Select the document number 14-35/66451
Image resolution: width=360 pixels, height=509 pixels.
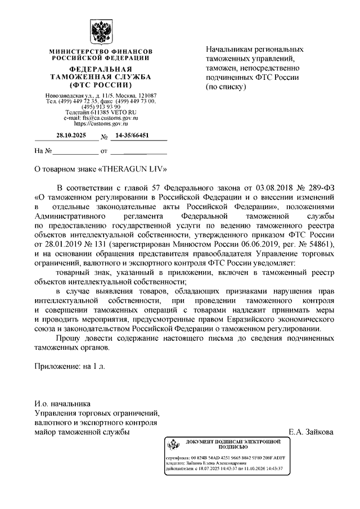point(132,136)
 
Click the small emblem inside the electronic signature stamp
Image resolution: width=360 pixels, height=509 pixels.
point(172,445)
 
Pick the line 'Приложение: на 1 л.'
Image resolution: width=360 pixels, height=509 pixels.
point(70,366)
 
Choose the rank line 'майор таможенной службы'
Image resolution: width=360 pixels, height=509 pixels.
point(82,432)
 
